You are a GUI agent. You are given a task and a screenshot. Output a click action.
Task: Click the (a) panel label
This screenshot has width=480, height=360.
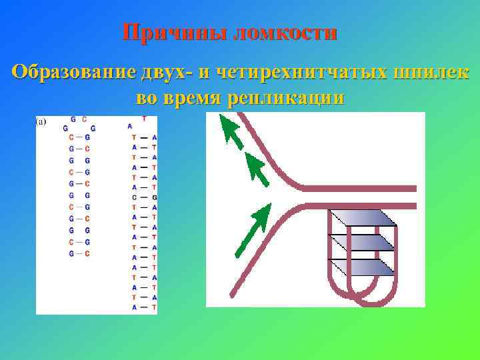[x=41, y=121]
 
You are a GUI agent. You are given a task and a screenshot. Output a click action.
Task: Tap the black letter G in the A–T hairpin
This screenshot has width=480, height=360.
[x=154, y=197]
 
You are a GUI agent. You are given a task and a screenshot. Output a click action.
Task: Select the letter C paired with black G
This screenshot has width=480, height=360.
[x=134, y=197]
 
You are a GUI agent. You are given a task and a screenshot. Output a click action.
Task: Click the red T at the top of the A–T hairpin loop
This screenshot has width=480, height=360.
[x=144, y=119]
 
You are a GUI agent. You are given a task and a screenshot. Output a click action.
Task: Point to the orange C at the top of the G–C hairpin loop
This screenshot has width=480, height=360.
[x=84, y=119]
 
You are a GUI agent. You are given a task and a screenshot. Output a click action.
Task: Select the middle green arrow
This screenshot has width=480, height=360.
[x=256, y=168]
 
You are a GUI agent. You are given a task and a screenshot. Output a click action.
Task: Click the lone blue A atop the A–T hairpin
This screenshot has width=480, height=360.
[x=129, y=125]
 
